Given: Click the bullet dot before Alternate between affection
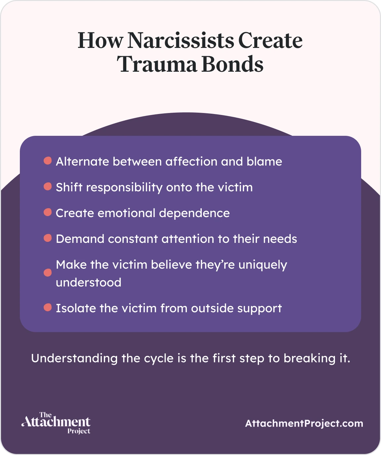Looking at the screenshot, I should pyautogui.click(x=48, y=161).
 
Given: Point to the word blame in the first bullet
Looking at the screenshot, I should pyautogui.click(x=264, y=162).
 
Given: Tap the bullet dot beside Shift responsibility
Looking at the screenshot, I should pyautogui.click(x=48, y=187).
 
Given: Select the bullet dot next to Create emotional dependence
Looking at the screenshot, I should pyautogui.click(x=48, y=212).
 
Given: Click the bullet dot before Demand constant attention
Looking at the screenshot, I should pyautogui.click(x=48, y=238).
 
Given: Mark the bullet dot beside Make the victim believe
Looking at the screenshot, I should pyautogui.click(x=48, y=273).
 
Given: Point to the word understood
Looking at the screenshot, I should pyautogui.click(x=89, y=283).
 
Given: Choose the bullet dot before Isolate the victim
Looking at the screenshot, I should pyautogui.click(x=48, y=308).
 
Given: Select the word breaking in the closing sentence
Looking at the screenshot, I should pyautogui.click(x=309, y=359).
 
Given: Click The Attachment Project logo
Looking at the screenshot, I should pyautogui.click(x=56, y=423).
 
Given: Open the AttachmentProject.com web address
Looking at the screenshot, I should pyautogui.click(x=304, y=424).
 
